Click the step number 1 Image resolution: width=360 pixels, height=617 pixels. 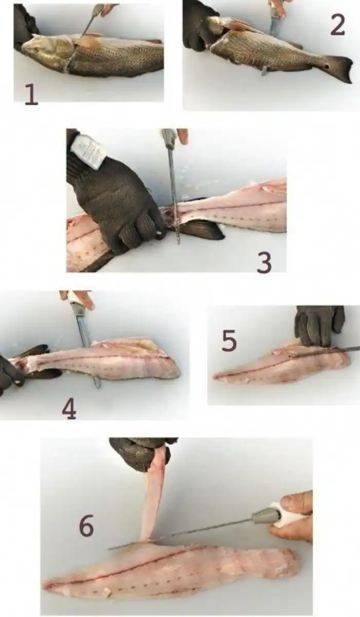pos(31,95)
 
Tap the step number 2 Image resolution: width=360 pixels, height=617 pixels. pos(337,25)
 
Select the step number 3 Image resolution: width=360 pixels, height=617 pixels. pos(264,263)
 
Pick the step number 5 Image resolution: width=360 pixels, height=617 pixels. pos(229,341)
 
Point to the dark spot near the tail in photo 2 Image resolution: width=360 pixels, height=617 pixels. pos(327,67)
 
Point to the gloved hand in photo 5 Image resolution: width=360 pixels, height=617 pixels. pos(319,326)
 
